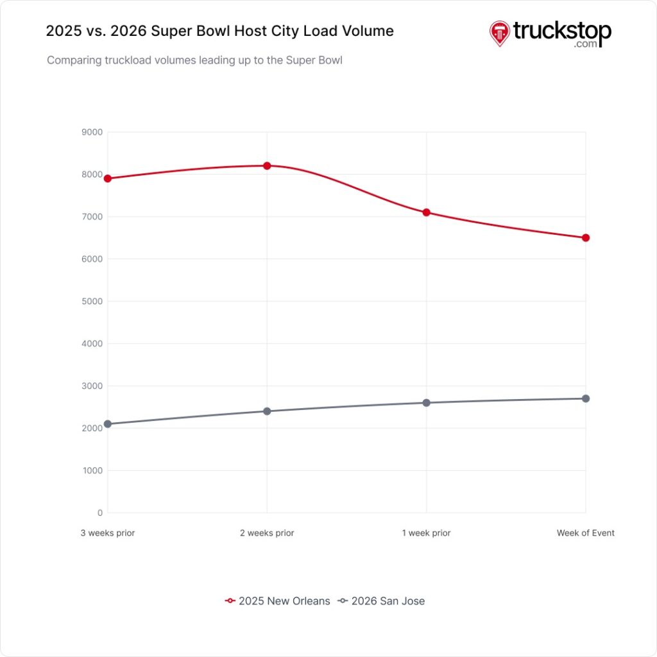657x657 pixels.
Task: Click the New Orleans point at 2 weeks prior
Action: click(267, 166)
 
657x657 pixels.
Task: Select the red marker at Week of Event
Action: click(586, 237)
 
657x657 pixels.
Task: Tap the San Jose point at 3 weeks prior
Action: click(108, 423)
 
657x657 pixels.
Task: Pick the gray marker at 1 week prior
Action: click(427, 402)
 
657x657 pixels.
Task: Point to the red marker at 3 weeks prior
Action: click(108, 178)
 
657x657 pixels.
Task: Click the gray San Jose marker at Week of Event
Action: click(586, 398)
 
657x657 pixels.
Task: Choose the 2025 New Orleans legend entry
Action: click(278, 601)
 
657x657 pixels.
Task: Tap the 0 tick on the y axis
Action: click(99, 513)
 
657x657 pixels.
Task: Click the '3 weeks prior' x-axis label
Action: click(108, 533)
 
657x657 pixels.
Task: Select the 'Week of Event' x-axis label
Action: click(585, 533)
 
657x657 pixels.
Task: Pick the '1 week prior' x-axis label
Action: click(427, 533)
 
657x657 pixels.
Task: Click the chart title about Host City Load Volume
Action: click(219, 31)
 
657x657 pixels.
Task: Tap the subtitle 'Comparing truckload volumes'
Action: click(194, 61)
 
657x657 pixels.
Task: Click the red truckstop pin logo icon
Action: click(499, 33)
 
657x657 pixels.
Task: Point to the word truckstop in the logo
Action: click(561, 31)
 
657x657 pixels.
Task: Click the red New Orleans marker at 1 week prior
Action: click(427, 212)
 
